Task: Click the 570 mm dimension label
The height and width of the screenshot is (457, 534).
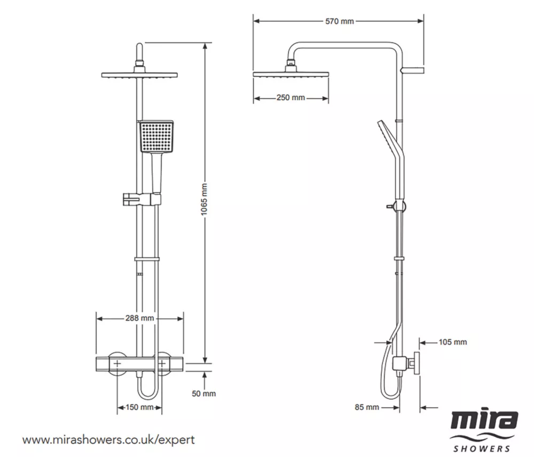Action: point(339,21)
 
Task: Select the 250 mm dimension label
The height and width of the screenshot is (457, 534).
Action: point(291,98)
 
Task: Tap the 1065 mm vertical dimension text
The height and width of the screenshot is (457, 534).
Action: point(203,203)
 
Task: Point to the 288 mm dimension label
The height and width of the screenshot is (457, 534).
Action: point(139,318)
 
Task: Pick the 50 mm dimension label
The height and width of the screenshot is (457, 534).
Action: point(203,394)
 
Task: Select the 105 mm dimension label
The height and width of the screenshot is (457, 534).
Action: point(452,342)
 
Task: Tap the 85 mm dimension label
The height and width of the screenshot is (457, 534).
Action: point(367,407)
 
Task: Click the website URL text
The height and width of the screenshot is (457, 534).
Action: point(108,440)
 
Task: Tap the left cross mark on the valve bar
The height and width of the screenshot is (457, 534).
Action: point(116,364)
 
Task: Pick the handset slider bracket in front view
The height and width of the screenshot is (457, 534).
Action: point(141,200)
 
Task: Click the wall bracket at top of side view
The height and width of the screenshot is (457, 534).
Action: point(414,70)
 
